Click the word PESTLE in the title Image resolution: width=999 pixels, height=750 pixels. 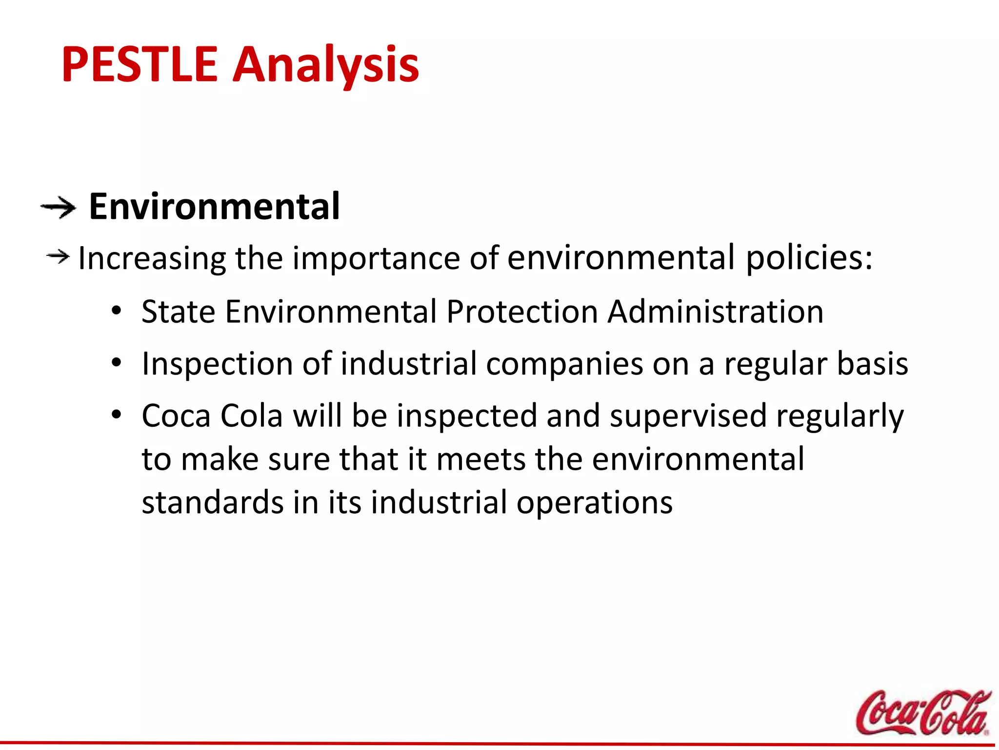(139, 64)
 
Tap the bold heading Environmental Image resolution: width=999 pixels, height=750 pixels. (214, 207)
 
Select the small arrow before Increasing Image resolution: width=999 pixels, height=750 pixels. (58, 256)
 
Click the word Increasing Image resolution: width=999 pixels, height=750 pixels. (152, 259)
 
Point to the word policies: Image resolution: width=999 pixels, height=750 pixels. (809, 258)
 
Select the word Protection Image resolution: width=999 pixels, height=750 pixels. (522, 312)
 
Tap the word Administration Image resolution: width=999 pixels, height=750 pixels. (716, 312)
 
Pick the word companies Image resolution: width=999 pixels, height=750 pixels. (564, 364)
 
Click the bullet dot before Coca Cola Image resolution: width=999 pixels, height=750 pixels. (116, 415)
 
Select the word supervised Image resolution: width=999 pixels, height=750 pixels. (688, 417)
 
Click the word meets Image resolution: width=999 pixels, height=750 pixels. (480, 459)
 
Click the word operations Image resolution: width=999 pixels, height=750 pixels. (594, 503)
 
